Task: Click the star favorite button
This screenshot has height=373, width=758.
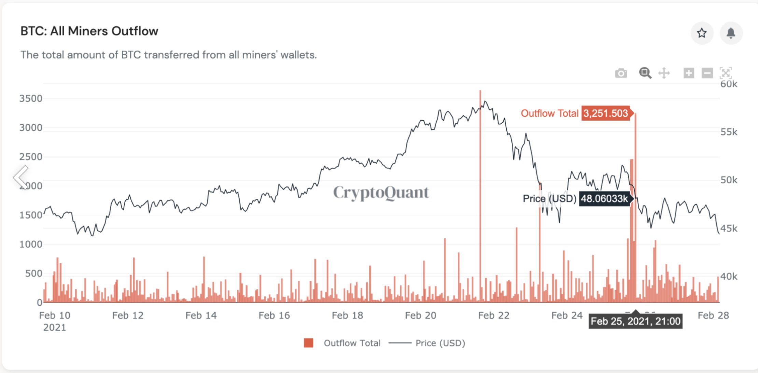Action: pyautogui.click(x=702, y=33)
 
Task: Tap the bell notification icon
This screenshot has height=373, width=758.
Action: pyautogui.click(x=731, y=33)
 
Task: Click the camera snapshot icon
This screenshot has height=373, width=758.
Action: pyautogui.click(x=621, y=73)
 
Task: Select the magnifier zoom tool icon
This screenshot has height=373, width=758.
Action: pyautogui.click(x=645, y=73)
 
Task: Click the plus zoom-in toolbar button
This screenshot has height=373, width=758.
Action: pyautogui.click(x=688, y=73)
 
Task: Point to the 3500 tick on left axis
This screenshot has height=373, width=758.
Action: pyautogui.click(x=31, y=99)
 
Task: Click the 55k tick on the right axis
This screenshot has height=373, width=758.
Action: pyautogui.click(x=729, y=132)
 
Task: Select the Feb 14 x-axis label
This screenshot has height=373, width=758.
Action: pyautogui.click(x=201, y=315)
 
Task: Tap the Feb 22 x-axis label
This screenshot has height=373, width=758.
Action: pyautogui.click(x=493, y=315)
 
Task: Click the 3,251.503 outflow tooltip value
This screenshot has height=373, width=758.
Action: pyautogui.click(x=605, y=113)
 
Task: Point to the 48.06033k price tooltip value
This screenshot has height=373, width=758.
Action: pyautogui.click(x=604, y=198)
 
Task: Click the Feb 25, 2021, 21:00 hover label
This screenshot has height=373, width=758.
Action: pyautogui.click(x=635, y=321)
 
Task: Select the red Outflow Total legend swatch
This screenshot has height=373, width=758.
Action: pyautogui.click(x=308, y=343)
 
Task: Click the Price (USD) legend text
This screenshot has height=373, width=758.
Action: pyautogui.click(x=440, y=343)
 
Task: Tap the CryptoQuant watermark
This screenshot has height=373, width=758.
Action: pyautogui.click(x=381, y=193)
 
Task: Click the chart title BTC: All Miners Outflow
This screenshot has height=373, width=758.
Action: pyautogui.click(x=89, y=31)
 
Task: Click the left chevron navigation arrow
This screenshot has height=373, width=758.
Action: pyautogui.click(x=21, y=177)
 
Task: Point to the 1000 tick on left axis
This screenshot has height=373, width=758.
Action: pyautogui.click(x=31, y=244)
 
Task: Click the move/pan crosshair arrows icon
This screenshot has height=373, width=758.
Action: pyautogui.click(x=664, y=73)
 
